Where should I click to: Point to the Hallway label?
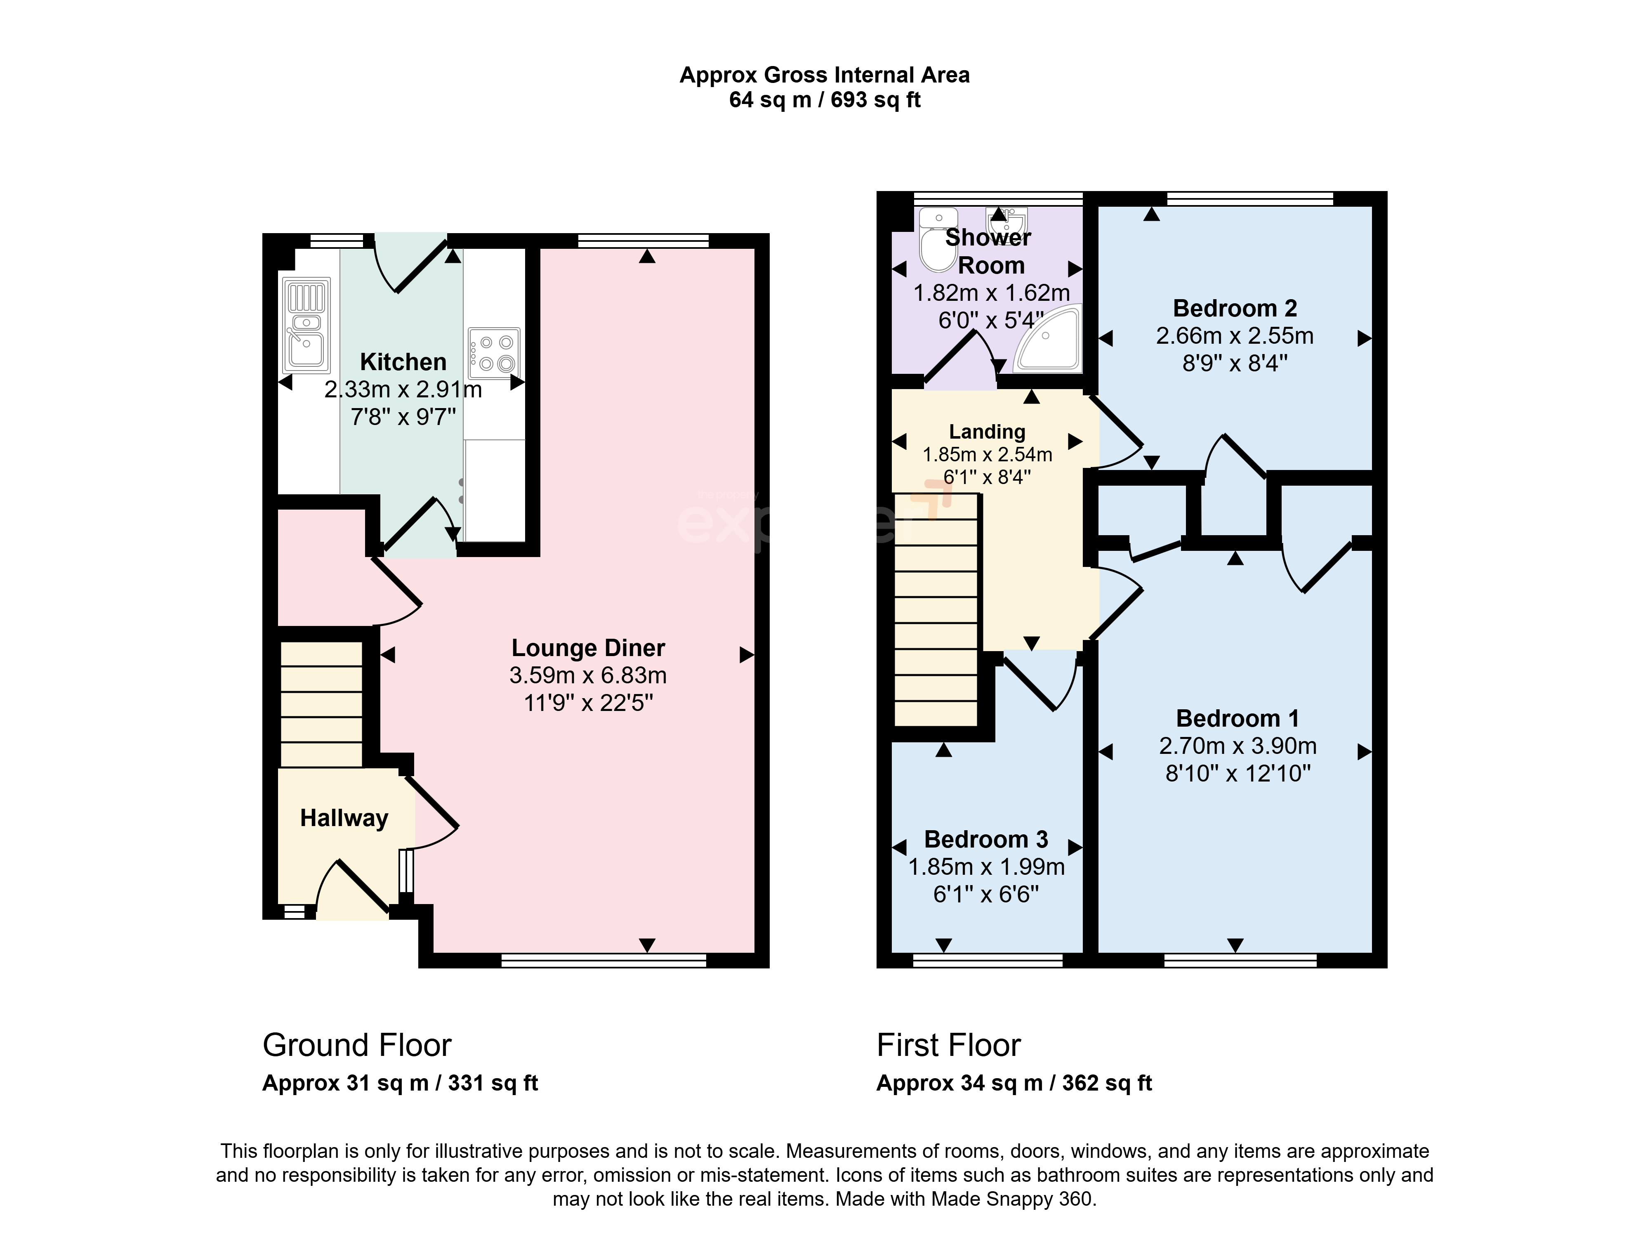(344, 818)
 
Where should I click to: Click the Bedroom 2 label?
(1235, 308)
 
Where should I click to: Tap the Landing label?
(987, 432)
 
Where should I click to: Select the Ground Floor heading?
(356, 1046)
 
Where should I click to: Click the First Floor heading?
(948, 1046)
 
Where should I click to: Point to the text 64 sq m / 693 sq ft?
(825, 100)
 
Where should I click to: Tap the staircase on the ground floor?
(321, 705)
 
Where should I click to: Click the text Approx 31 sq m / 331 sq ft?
(400, 1083)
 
